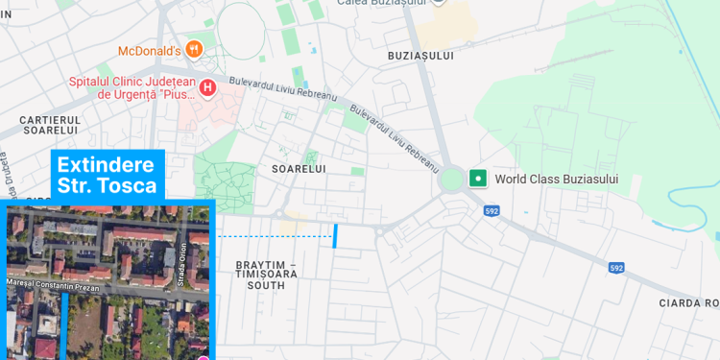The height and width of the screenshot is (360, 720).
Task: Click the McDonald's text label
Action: pos(150,51)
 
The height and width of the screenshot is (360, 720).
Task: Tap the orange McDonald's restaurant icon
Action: pos(195,48)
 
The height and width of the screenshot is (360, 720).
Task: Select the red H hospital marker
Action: pos(207,87)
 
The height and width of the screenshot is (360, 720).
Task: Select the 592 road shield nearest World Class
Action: pos(492,210)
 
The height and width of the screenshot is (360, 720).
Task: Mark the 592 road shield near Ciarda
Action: pos(616,268)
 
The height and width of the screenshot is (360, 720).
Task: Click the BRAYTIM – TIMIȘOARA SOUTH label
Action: pos(266,275)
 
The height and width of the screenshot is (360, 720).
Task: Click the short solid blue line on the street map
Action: pos(335,235)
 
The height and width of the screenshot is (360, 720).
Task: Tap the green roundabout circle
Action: pos(451,180)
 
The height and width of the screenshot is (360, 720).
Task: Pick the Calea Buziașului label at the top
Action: pos(381,3)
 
